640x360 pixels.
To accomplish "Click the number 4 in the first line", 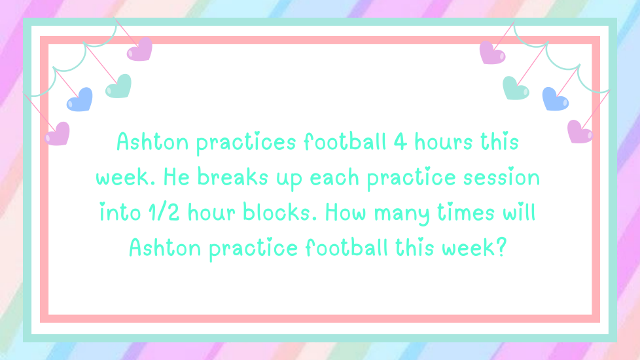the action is [400, 142].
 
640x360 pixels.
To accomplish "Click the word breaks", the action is [233, 177].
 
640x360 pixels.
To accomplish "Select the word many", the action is [402, 214].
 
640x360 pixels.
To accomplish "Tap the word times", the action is [466, 212].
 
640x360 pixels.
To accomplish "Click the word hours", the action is [443, 142].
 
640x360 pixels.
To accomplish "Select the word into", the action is [120, 212].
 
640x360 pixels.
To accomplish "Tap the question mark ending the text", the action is [501, 247].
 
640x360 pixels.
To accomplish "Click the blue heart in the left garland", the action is [80, 99].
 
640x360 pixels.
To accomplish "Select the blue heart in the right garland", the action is [555, 99].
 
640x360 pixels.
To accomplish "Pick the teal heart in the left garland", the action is [118, 86].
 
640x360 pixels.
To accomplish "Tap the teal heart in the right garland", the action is [516, 88].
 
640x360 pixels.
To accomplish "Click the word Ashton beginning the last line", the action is [165, 248].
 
